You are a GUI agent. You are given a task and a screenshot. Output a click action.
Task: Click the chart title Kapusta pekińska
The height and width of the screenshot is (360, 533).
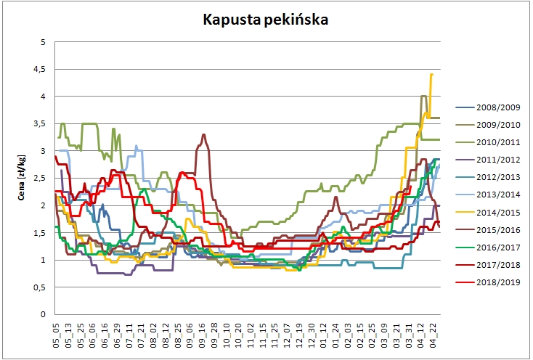click(266, 20)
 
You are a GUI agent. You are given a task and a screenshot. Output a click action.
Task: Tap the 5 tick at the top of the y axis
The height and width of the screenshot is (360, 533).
click(44, 42)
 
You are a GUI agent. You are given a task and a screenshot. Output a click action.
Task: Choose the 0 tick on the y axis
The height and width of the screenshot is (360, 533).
click(44, 314)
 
